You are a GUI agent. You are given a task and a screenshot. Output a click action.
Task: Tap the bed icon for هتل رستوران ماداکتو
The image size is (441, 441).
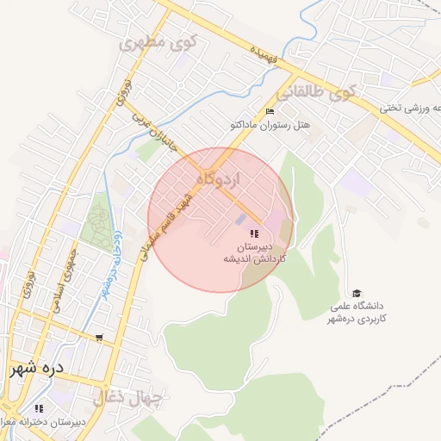point(270,111)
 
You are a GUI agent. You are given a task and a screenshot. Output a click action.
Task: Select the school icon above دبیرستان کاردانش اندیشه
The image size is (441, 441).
point(253,233)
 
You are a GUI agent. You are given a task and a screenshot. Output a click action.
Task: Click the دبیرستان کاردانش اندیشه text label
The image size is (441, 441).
point(255,252)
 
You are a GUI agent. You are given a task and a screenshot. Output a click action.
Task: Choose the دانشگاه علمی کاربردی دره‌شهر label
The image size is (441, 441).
point(355,313)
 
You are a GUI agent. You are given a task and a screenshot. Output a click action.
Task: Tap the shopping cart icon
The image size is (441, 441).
point(101,338)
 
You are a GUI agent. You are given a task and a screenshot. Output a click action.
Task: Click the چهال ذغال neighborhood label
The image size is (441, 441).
point(138,398)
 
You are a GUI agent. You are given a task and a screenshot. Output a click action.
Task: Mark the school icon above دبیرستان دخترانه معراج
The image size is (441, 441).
point(38,408)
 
